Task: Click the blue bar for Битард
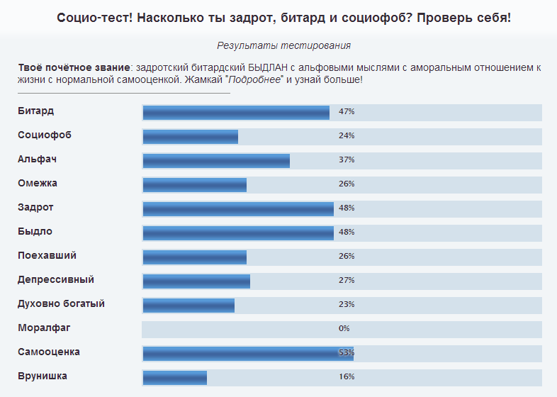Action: (x=236, y=113)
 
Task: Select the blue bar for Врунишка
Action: (x=175, y=377)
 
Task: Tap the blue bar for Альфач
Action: (x=216, y=161)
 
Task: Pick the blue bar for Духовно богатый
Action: (x=189, y=305)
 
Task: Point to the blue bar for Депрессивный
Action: (x=196, y=281)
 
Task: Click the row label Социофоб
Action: (x=45, y=135)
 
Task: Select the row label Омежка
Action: (x=38, y=183)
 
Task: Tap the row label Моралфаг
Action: (x=45, y=328)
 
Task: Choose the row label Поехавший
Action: (x=47, y=255)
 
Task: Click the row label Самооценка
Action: (x=49, y=352)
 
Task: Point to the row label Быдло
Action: (x=35, y=231)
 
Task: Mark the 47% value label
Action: (x=347, y=112)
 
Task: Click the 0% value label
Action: (x=344, y=328)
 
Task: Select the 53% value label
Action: (x=347, y=352)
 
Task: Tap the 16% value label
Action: (x=347, y=376)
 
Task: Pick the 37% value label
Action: (x=347, y=160)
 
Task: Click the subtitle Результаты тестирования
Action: (x=284, y=46)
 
